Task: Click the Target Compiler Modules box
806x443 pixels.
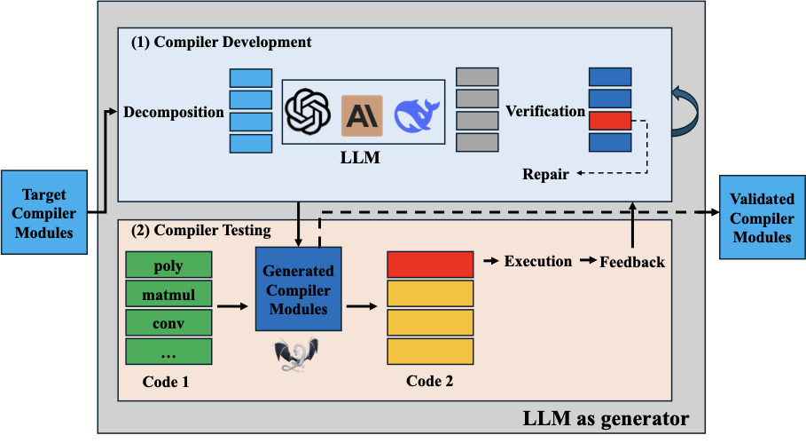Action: click(x=43, y=213)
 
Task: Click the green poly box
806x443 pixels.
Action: click(x=168, y=265)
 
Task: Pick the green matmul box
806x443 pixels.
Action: click(x=168, y=293)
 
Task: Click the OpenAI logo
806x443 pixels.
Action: click(x=307, y=114)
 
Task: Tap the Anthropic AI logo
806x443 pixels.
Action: click(x=362, y=115)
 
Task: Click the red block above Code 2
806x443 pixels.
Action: click(x=431, y=265)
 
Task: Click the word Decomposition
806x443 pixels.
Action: click(x=174, y=112)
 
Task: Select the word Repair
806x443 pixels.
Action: click(x=546, y=174)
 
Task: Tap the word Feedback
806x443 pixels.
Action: click(x=632, y=262)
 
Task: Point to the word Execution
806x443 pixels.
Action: click(x=537, y=261)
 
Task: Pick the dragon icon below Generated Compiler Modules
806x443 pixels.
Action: click(x=293, y=355)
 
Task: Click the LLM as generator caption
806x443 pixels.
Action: click(x=606, y=416)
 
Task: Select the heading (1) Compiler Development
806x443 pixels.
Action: click(x=221, y=42)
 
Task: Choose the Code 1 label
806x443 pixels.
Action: click(x=168, y=381)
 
